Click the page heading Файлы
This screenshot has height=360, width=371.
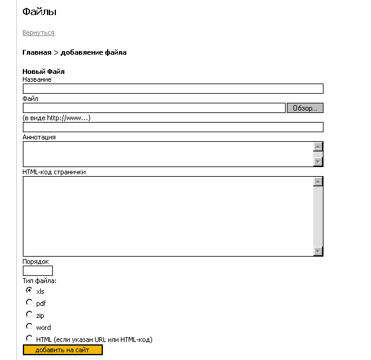click(x=39, y=11)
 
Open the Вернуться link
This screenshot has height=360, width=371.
click(x=38, y=32)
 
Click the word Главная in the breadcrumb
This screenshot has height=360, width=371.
click(x=37, y=52)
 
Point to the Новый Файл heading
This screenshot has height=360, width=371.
click(x=43, y=72)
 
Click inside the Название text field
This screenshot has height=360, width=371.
click(x=173, y=89)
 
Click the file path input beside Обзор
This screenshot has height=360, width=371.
click(x=153, y=108)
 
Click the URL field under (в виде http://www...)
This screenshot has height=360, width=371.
click(x=173, y=127)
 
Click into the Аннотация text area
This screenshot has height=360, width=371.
click(x=168, y=154)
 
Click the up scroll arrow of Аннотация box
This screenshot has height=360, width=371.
click(x=319, y=147)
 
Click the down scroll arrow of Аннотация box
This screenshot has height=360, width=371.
click(x=319, y=161)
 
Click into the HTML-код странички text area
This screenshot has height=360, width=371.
click(x=168, y=216)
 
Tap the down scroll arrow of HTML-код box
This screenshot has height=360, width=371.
click(x=319, y=251)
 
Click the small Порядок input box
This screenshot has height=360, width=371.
click(x=37, y=271)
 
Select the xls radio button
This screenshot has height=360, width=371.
click(x=29, y=290)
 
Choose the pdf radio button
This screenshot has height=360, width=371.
click(x=29, y=302)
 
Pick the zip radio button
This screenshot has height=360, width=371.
click(x=29, y=314)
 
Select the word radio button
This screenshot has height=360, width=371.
click(x=29, y=326)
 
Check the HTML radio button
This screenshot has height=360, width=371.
click(x=29, y=338)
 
